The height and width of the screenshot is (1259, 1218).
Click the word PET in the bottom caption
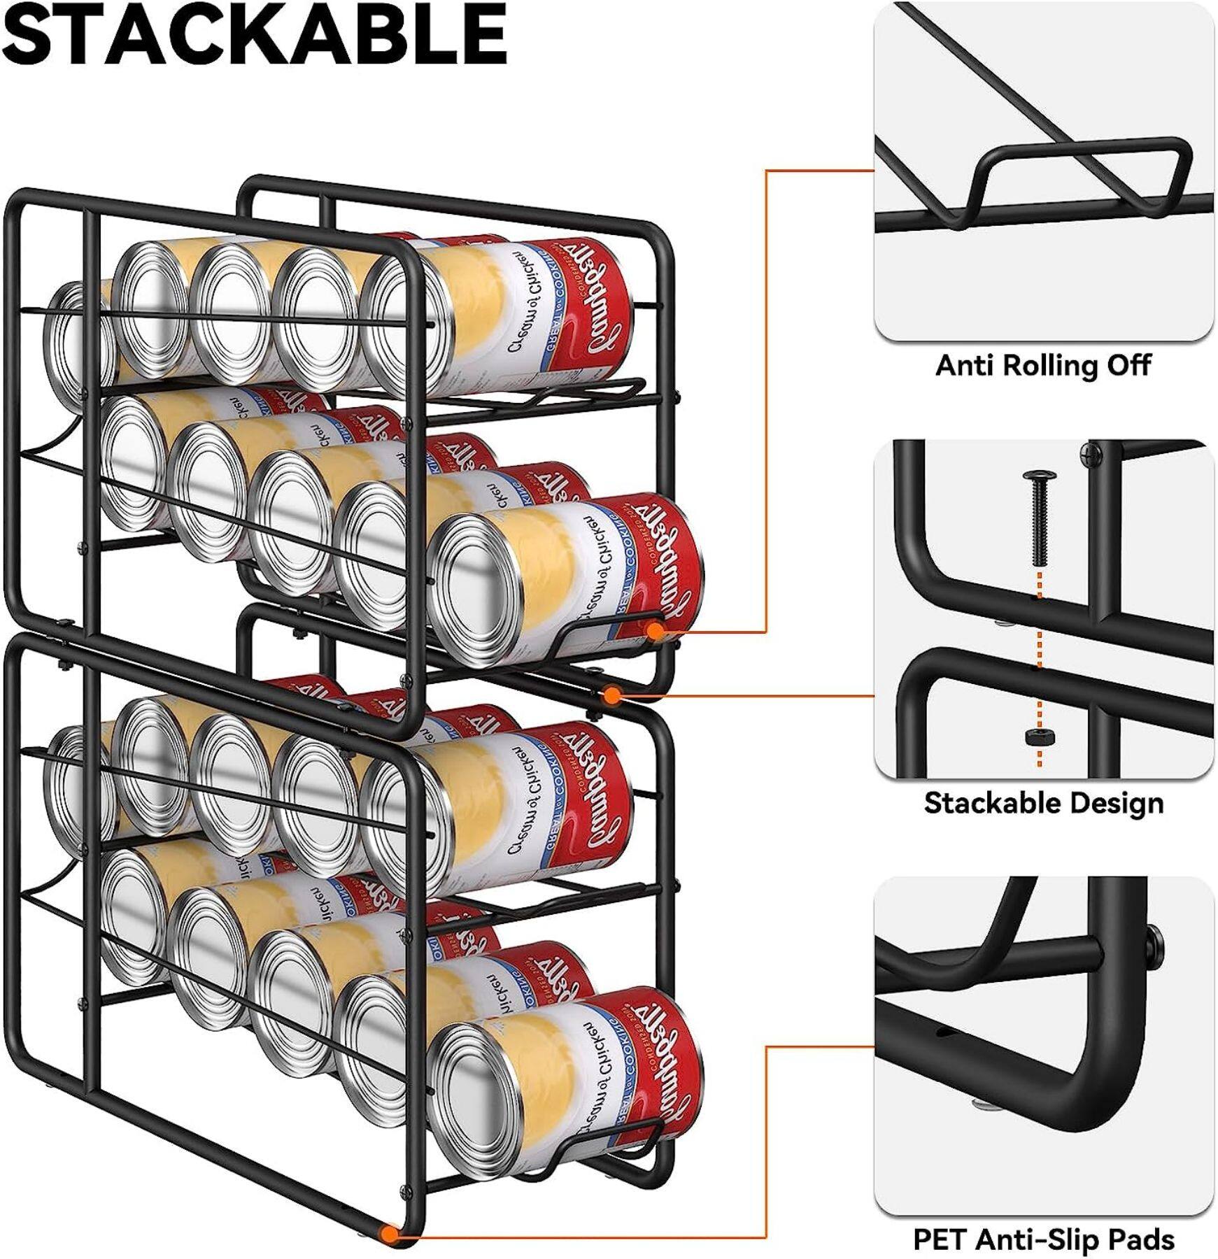point(940,1239)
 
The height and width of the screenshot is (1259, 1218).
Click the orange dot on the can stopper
point(655,631)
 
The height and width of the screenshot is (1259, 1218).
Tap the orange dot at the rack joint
point(611,695)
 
